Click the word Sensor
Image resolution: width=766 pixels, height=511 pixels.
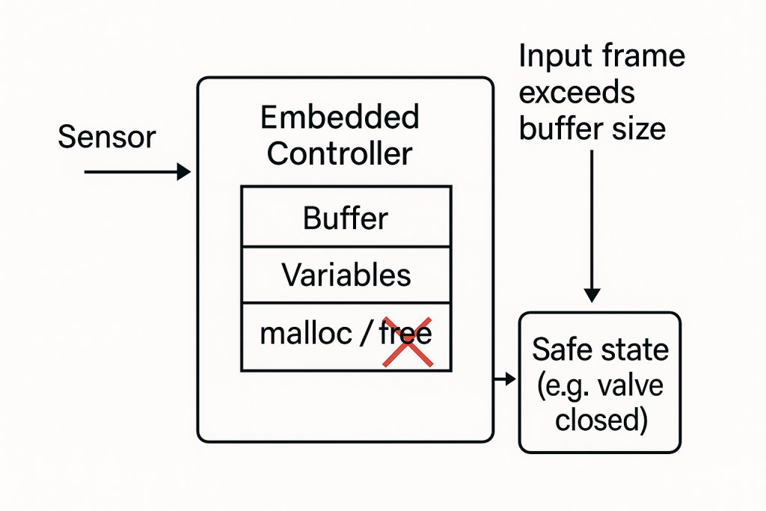pos(107,138)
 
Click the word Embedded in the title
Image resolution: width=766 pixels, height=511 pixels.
pos(339,118)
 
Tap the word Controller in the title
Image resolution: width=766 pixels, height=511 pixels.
pos(339,153)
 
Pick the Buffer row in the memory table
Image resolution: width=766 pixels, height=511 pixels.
pos(346,218)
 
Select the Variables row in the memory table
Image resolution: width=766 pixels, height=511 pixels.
pos(346,275)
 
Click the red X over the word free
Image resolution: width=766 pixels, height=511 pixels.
pos(408,342)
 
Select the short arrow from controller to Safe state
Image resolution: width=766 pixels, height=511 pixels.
pos(505,379)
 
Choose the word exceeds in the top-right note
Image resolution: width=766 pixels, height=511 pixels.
pos(577,93)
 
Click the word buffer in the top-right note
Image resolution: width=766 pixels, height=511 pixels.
pos(560,129)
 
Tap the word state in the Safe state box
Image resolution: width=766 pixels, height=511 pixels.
pos(634,350)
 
